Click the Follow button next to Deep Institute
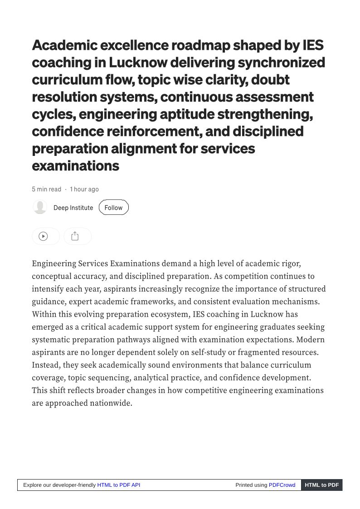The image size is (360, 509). click(x=113, y=208)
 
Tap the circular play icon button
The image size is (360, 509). click(x=44, y=236)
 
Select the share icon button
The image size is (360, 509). click(x=75, y=236)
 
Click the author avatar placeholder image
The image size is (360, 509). click(x=40, y=207)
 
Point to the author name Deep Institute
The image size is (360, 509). click(x=73, y=208)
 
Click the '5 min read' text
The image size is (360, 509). click(x=46, y=189)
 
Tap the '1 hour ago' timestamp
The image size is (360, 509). click(x=84, y=189)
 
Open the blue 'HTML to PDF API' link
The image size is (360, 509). click(x=118, y=485)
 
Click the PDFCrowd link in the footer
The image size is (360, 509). click(x=282, y=485)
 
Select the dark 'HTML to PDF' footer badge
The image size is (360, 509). click(x=321, y=485)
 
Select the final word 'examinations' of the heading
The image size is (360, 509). click(x=75, y=165)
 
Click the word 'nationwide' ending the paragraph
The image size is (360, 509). click(x=110, y=403)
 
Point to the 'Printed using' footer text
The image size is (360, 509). click(x=251, y=485)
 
